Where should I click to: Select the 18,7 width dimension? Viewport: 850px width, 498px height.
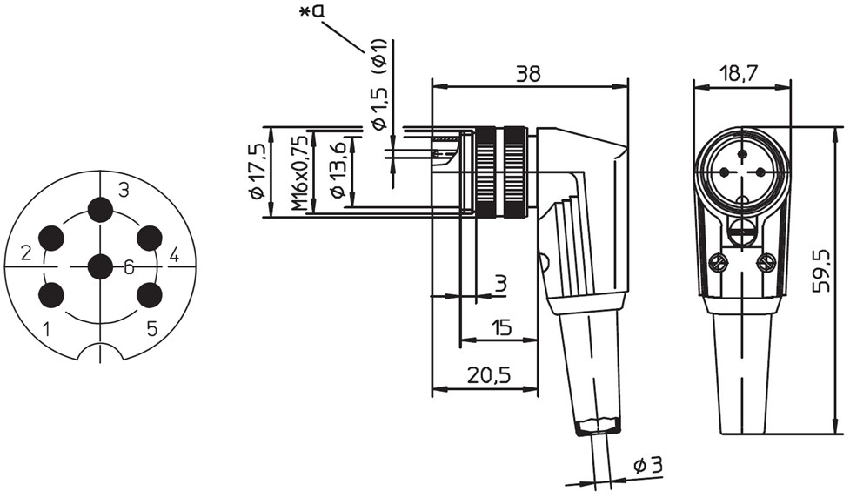(740, 73)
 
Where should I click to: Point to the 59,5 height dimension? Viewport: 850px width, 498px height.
(822, 271)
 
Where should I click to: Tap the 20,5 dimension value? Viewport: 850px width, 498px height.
(489, 375)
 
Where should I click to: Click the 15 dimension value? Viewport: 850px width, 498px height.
(501, 327)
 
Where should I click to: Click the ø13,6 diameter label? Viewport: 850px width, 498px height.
(338, 169)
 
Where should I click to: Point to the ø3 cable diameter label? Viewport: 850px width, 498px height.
(648, 466)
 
